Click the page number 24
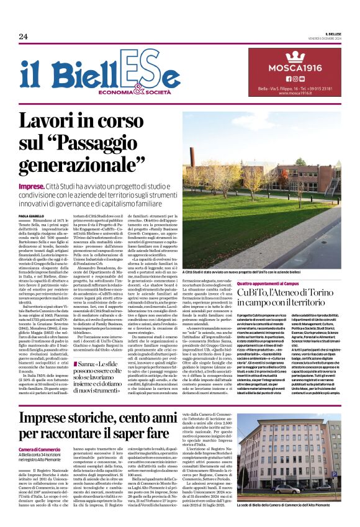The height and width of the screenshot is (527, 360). [x=23, y=36]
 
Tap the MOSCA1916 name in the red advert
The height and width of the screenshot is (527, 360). [x=295, y=67]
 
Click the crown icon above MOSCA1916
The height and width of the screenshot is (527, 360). [x=295, y=55]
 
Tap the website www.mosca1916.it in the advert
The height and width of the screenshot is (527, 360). [x=295, y=93]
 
